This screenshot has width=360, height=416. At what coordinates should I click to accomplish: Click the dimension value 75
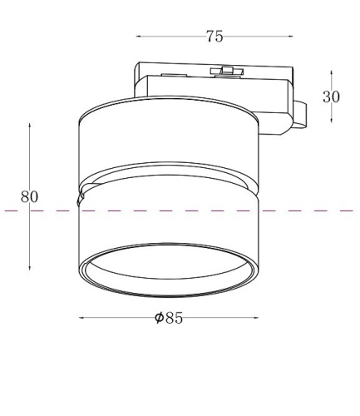click(215, 36)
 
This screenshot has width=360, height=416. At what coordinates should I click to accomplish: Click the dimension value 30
click(332, 97)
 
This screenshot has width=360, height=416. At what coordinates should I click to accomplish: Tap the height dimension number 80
click(30, 197)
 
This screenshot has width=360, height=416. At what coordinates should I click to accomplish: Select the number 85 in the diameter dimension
click(174, 318)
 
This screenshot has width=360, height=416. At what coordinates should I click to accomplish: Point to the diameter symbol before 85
click(159, 318)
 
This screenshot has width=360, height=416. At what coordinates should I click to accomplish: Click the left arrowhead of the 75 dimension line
click(139, 37)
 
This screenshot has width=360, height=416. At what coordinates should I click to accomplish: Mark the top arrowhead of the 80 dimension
click(30, 126)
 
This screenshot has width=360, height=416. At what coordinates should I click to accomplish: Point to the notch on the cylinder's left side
click(80, 198)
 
